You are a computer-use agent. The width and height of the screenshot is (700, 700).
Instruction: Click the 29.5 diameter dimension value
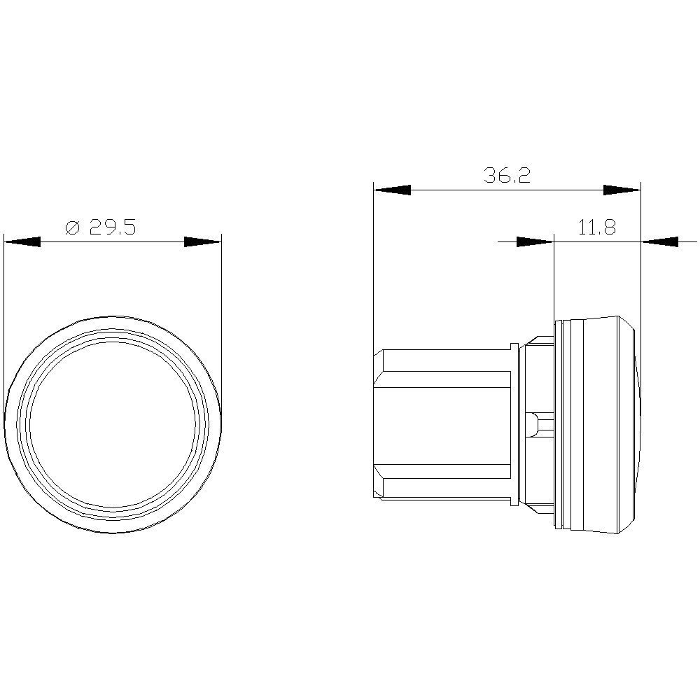click(x=112, y=227)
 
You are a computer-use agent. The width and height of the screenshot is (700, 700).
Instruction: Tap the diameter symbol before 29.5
click(x=72, y=227)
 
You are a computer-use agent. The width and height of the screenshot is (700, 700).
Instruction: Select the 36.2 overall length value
click(x=507, y=176)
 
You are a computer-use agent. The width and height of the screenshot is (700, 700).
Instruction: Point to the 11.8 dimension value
click(x=596, y=227)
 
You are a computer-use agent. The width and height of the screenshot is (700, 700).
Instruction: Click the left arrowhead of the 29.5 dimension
click(x=22, y=242)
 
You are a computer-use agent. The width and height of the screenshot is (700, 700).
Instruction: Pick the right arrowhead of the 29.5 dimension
click(x=202, y=242)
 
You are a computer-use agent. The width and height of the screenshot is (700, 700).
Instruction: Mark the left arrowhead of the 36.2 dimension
click(x=392, y=190)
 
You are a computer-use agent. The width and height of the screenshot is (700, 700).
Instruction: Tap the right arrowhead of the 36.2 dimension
click(x=622, y=190)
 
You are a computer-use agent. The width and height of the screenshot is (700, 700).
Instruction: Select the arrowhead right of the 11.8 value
click(x=660, y=241)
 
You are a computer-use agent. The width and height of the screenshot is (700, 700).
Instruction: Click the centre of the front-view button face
click(x=112, y=424)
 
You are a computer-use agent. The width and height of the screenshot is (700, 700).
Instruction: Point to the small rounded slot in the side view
click(x=535, y=424)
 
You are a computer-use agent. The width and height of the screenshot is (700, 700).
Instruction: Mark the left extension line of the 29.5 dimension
click(x=4, y=315)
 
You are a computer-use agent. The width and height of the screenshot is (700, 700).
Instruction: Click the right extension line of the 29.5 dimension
click(x=221, y=315)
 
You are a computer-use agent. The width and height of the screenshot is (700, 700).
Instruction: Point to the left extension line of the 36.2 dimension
click(x=374, y=280)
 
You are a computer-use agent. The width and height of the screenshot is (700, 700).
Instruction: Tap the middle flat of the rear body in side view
click(x=441, y=424)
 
